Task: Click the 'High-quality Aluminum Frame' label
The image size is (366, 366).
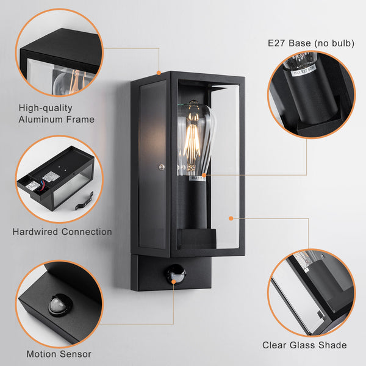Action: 56,114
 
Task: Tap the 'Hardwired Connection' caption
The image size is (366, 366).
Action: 62,232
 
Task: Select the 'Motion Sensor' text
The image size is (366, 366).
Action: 59,354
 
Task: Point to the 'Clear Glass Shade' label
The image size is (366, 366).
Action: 304,345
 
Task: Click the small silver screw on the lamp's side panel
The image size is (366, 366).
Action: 162,167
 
